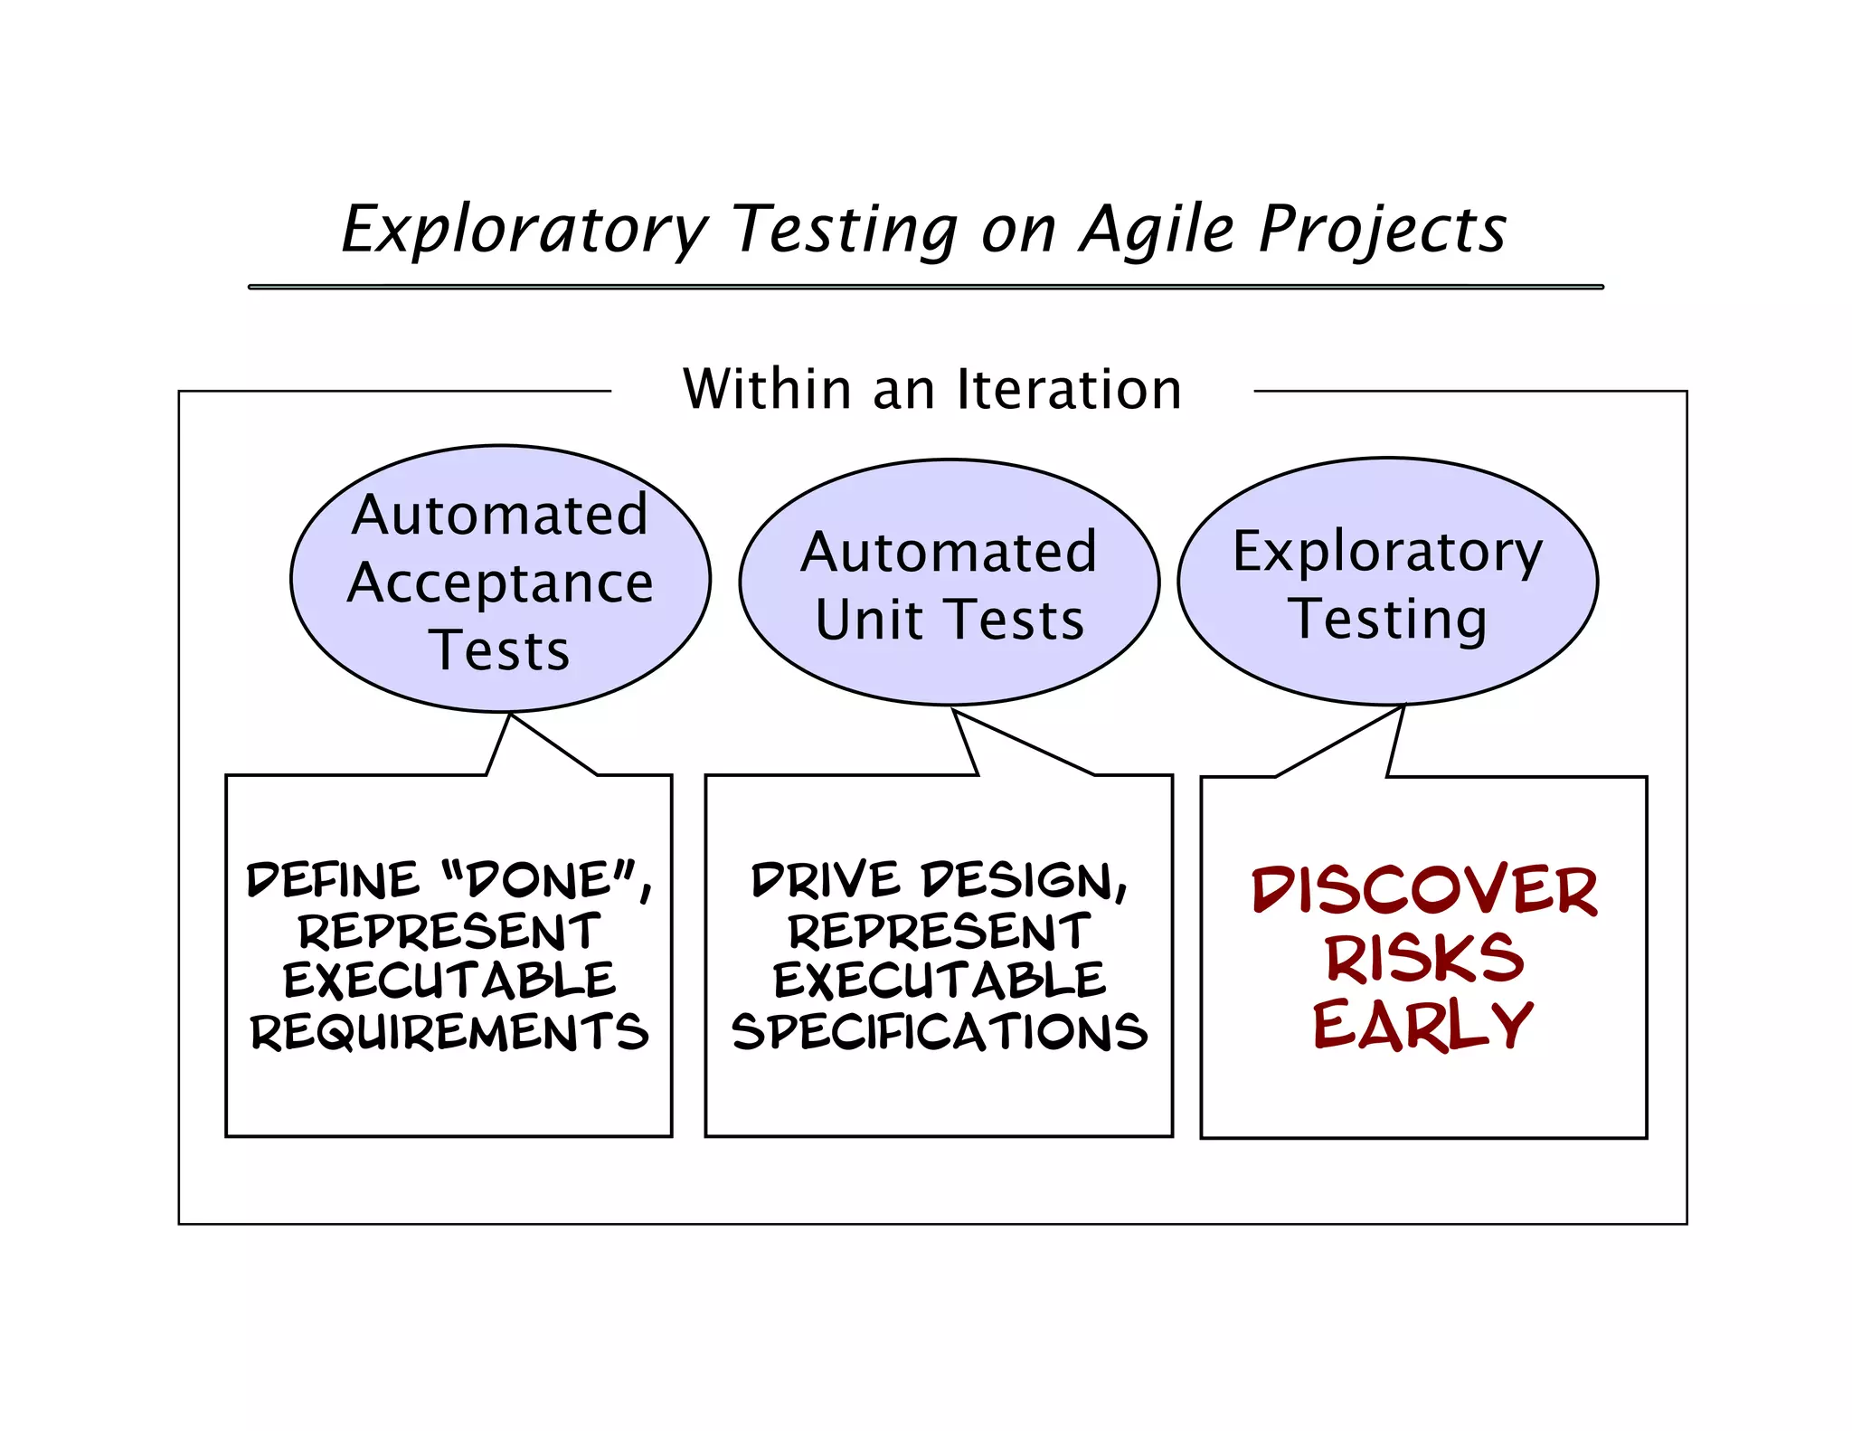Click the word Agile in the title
[x=1157, y=230]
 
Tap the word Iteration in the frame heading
[x=1069, y=390]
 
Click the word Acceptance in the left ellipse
[x=500, y=583]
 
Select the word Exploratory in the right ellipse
[x=1387, y=552]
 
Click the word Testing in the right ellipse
[x=1387, y=621]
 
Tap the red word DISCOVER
[x=1424, y=891]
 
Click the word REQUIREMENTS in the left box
[x=449, y=1032]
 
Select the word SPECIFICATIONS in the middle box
[x=940, y=1032]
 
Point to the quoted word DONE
[x=540, y=880]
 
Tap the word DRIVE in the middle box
[x=826, y=880]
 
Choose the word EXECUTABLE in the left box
[x=449, y=981]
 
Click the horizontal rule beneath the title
[x=925, y=287]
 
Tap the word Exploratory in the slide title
[x=524, y=230]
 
